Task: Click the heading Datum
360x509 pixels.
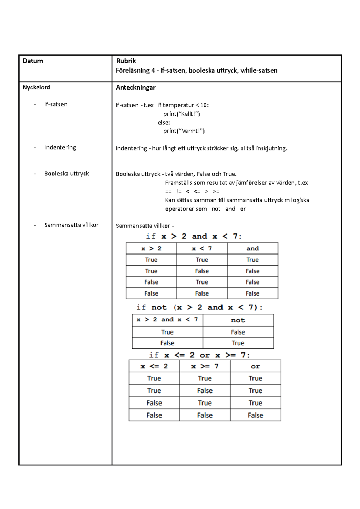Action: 33,61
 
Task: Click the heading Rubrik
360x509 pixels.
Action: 126,61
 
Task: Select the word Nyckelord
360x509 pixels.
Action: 36,88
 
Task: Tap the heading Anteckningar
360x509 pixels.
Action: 136,88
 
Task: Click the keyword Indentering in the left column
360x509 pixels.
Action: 60,147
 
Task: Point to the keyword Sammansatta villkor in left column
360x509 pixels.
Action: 71,225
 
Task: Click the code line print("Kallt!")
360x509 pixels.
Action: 181,114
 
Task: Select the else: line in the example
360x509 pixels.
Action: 164,123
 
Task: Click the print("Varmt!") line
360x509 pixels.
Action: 184,131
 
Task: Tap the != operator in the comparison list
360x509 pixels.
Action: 179,192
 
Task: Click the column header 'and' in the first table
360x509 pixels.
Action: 253,249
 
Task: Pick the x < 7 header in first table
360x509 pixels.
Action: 202,249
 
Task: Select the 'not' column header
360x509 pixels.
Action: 238,320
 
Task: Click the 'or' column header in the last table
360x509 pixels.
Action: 255,366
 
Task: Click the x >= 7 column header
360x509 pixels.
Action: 205,366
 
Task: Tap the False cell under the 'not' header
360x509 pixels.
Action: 238,332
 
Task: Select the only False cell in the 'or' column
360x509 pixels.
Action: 255,415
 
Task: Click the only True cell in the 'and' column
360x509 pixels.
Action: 253,260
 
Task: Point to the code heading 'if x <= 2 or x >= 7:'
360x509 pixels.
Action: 199,355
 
